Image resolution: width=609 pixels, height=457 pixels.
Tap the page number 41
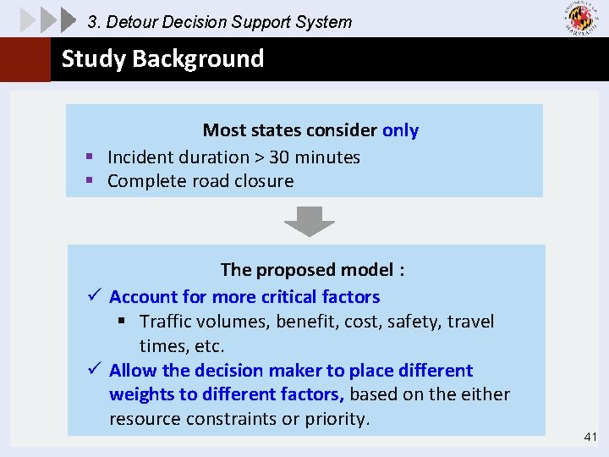click(590, 437)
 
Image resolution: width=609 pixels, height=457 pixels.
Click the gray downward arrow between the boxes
click(309, 223)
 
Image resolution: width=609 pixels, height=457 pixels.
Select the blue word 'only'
click(400, 130)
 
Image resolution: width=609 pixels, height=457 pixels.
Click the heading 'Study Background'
click(162, 58)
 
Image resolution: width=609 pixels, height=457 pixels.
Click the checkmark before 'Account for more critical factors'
click(94, 296)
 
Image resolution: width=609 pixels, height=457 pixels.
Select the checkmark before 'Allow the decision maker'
click(94, 370)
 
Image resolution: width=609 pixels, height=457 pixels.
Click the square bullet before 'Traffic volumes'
click(122, 322)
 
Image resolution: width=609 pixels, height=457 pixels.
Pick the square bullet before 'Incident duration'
click(89, 157)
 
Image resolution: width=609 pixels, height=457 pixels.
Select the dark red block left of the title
click(25, 59)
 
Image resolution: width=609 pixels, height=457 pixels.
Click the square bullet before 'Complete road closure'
click(89, 181)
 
